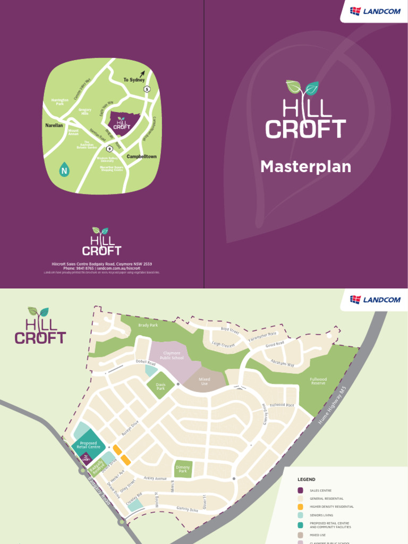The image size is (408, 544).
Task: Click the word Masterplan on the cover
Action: [305, 167]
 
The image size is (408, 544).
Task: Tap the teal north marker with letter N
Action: [64, 170]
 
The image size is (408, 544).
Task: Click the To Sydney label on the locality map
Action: [134, 80]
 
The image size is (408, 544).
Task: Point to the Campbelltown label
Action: [142, 157]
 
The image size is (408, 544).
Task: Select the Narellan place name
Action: [54, 125]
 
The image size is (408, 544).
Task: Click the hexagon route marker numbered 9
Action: [109, 149]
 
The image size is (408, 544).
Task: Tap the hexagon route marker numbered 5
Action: [147, 89]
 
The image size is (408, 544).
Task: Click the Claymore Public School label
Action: [171, 355]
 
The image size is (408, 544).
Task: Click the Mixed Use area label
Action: [205, 381]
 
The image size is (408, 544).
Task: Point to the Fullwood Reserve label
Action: [318, 381]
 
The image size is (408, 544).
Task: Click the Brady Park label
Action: [148, 325]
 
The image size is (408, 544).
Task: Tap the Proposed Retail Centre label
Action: [88, 445]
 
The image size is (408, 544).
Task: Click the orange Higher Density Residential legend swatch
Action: [301, 507]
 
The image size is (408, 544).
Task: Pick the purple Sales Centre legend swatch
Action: [301, 490]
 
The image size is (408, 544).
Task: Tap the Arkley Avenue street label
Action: [155, 478]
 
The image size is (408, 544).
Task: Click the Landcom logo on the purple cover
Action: [375, 11]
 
